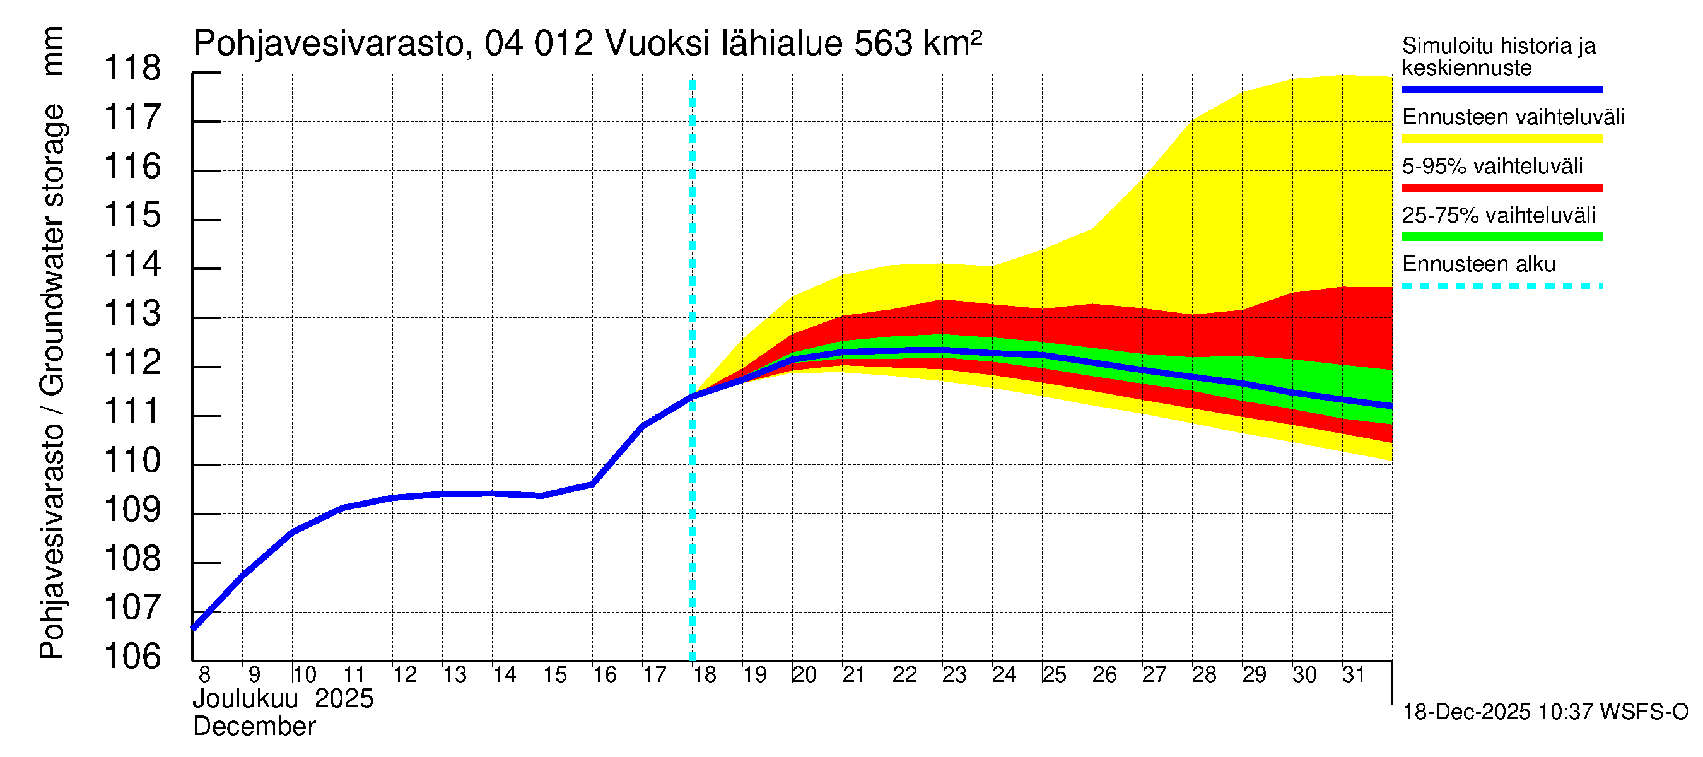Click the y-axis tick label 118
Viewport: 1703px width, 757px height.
132,68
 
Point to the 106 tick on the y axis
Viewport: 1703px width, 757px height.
132,657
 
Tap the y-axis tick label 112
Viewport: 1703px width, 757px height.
132,362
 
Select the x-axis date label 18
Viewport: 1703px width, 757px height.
705,674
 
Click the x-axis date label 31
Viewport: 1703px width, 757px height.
1354,674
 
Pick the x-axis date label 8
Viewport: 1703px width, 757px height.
204,674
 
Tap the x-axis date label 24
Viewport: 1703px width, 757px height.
1004,674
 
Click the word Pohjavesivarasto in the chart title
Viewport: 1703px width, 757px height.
329,44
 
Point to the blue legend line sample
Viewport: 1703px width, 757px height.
1501,89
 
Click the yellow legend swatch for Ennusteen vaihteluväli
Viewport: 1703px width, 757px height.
1501,139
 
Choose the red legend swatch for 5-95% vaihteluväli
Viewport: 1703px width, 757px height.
1501,188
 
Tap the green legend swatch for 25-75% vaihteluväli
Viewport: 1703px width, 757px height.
1501,237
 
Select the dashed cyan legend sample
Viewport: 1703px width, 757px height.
1501,286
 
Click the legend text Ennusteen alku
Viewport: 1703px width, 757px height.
1478,264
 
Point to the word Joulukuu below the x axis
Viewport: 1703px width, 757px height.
245,699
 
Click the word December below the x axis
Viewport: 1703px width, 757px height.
254,727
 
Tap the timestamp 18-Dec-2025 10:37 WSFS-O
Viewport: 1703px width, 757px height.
1545,712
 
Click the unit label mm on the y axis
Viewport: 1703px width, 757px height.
52,51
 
